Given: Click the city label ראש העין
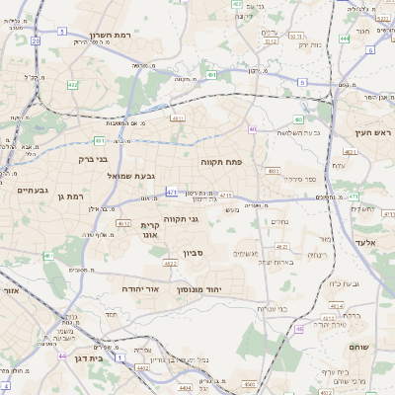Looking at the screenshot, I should [376, 132].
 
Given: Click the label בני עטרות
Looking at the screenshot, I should [272, 308].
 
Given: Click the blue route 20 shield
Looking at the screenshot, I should [37, 41].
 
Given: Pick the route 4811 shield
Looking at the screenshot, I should [349, 152].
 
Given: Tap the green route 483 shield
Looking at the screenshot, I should [275, 171].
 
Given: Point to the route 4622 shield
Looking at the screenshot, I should [170, 264].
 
